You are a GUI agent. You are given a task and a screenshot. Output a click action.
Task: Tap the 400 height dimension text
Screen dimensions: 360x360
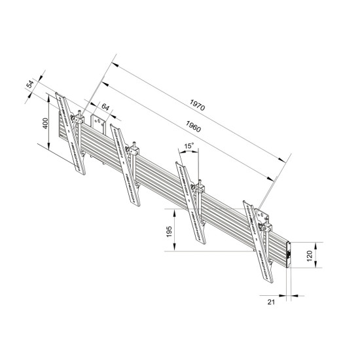(46, 124)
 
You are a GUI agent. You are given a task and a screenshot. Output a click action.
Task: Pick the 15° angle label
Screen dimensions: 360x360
(189, 146)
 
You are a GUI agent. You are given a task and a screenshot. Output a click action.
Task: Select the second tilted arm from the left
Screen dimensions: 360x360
(125, 162)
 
